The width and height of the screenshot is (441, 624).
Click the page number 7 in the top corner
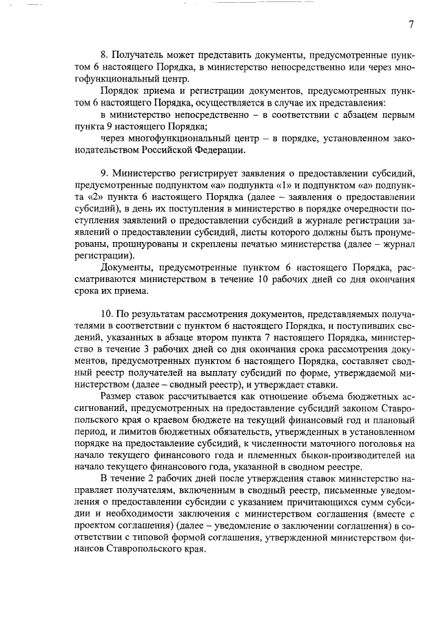[411, 25]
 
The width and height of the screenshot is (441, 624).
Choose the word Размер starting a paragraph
[116, 398]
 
